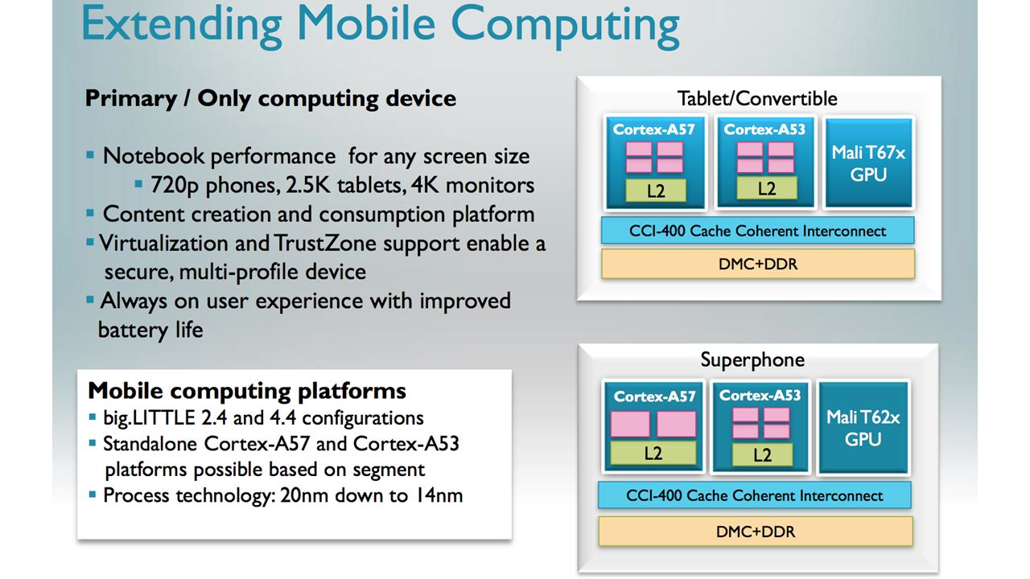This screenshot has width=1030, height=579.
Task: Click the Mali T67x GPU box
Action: (x=868, y=163)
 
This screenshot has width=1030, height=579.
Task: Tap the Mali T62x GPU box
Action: (x=863, y=428)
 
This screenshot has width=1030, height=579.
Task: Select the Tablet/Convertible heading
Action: (x=757, y=99)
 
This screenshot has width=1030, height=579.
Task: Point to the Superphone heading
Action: (x=752, y=359)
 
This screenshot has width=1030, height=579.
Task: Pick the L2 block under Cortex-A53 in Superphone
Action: (x=761, y=455)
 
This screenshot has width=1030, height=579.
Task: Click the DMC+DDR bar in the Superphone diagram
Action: (x=755, y=532)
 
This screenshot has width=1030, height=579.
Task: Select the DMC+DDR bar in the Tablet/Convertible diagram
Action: (x=757, y=264)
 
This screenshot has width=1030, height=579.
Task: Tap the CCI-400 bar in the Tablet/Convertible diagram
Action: (x=757, y=231)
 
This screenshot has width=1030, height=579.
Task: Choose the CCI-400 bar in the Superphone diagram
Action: (x=754, y=495)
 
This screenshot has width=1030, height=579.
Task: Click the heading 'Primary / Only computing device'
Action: (x=270, y=99)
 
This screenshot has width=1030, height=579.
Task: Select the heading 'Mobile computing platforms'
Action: (x=247, y=392)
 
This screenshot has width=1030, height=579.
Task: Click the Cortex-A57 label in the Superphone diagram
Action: (x=653, y=396)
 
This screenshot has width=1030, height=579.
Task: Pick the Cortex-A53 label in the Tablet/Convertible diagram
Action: (x=764, y=129)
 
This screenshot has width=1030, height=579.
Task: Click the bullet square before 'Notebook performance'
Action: (x=91, y=154)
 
